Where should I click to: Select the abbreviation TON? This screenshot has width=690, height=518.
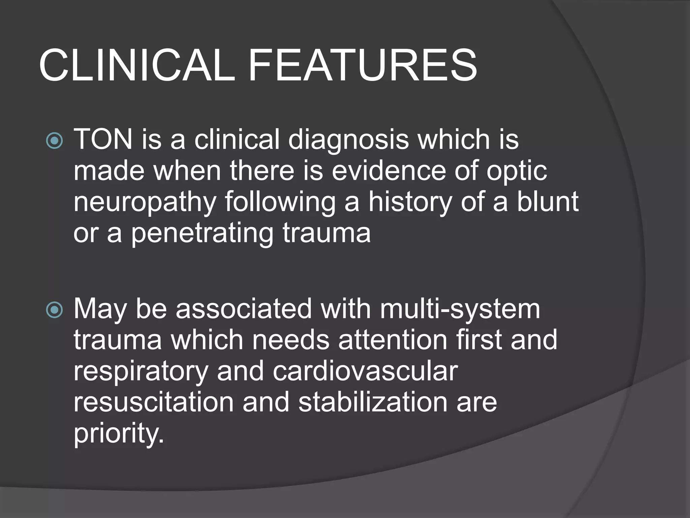[x=103, y=139]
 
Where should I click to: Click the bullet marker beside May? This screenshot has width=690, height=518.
[x=54, y=310]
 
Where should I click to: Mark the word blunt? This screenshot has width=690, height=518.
[x=547, y=202]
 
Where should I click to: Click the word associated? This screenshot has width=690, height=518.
[x=244, y=309]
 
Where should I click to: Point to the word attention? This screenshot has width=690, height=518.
[x=393, y=340]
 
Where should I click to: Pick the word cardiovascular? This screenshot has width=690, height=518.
[x=365, y=371]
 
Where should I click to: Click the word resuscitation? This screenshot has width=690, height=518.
[x=154, y=402]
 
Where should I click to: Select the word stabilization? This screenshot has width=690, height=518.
[x=373, y=402]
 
